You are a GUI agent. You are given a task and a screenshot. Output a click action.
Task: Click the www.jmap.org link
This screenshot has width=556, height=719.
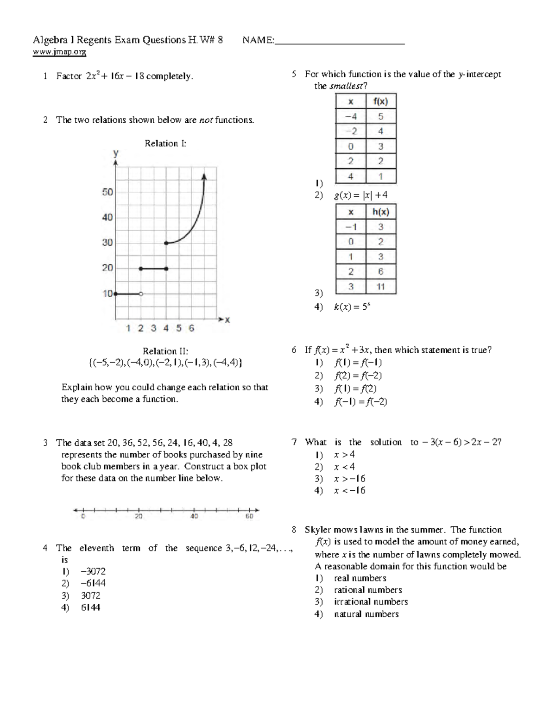[x=59, y=52]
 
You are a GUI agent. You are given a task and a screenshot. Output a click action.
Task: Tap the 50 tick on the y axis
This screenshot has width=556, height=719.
[x=107, y=192]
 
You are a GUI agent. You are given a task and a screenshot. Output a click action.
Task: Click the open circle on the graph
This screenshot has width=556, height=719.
[x=141, y=294]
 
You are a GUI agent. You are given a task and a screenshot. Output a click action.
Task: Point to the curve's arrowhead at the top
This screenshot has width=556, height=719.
[x=204, y=176]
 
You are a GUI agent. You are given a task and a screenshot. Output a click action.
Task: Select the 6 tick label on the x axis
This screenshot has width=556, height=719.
[x=191, y=328]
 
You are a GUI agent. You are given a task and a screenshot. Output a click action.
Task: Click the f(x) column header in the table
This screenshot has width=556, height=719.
[x=380, y=101]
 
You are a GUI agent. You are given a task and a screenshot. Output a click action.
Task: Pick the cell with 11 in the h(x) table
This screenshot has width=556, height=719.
[x=380, y=287]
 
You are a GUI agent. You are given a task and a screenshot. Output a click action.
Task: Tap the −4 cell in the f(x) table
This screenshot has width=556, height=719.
[x=351, y=117]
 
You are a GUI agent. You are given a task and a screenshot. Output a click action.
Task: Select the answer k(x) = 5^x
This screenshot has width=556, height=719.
[x=352, y=306]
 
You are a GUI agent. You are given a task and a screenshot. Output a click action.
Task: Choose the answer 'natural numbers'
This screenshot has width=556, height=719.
[x=366, y=614]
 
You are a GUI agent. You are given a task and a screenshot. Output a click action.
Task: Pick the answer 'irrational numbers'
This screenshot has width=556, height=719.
[x=371, y=602]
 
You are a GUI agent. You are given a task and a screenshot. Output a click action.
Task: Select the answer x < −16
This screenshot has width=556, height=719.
[x=349, y=490]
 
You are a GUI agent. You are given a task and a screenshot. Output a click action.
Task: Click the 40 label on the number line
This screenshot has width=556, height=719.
[x=194, y=516]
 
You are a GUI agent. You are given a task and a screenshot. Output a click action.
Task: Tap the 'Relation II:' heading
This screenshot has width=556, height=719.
[x=165, y=351]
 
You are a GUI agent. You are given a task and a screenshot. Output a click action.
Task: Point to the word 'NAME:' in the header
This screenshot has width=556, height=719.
[x=259, y=40]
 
